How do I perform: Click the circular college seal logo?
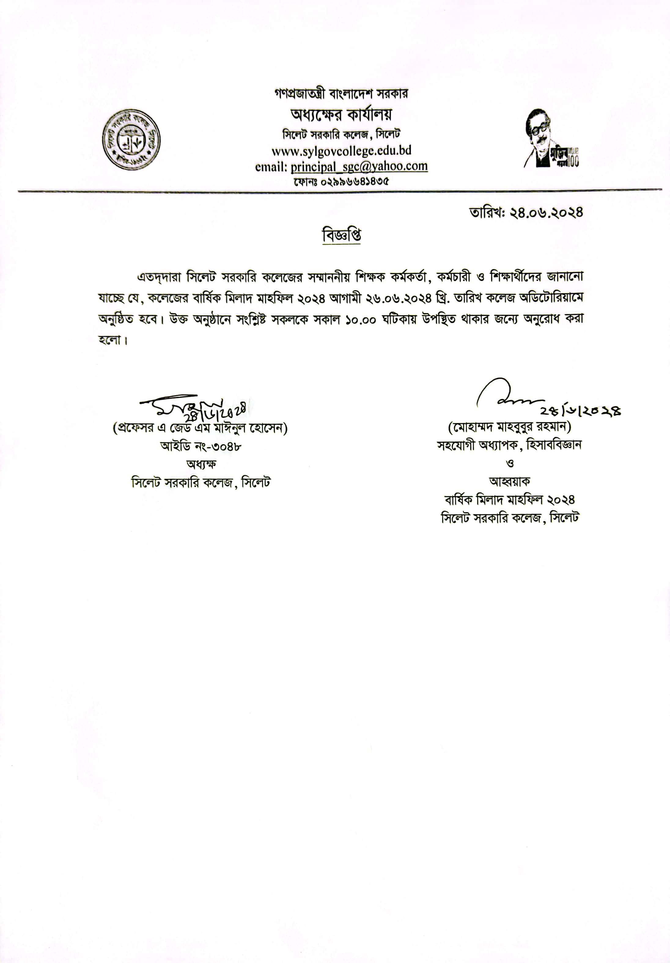pos(131,140)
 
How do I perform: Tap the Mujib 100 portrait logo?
pos(551,138)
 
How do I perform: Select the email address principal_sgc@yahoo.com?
pos(359,167)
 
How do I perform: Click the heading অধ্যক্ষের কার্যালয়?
pos(341,114)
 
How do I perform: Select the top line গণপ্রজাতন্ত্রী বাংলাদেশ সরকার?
pos(341,93)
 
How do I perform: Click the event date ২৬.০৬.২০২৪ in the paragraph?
pos(399,298)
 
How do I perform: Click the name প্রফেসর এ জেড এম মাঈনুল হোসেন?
pos(200,428)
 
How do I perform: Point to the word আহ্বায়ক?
pos(509,481)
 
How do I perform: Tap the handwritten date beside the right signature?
pos(581,411)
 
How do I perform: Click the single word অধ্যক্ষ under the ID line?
pos(201,464)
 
